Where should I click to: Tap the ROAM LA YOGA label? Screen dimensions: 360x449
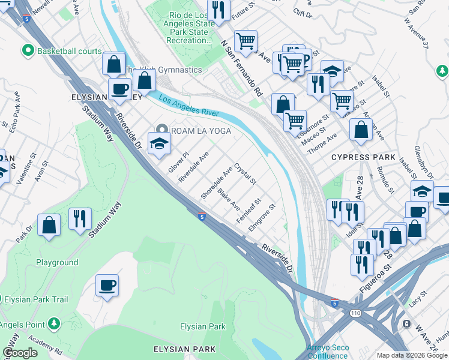(x=201, y=130)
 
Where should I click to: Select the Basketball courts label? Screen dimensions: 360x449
(x=69, y=51)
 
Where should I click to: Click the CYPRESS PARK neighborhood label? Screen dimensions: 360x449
(x=363, y=157)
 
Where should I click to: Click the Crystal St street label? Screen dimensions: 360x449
(x=245, y=173)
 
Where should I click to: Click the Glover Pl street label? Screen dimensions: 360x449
(x=178, y=161)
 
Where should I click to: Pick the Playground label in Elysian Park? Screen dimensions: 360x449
(x=57, y=262)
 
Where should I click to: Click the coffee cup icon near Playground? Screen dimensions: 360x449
(x=107, y=286)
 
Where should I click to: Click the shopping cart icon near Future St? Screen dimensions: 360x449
(x=246, y=41)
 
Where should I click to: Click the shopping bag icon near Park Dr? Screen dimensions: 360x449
(x=49, y=226)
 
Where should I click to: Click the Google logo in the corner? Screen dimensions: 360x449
(x=20, y=353)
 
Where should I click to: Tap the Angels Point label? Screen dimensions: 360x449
(x=22, y=325)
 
